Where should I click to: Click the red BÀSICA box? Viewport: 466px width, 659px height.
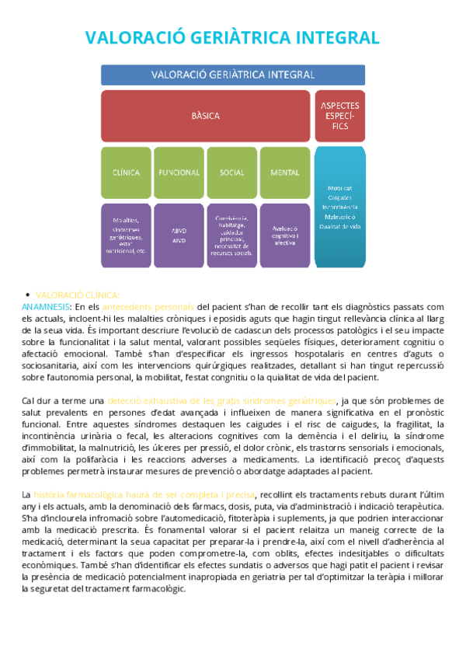206,116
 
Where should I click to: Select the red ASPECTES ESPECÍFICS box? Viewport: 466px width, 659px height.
339,116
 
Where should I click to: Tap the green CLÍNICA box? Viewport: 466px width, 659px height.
126,172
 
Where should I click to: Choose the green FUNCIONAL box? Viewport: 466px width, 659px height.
179,172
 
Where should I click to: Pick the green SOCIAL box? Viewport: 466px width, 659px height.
231,172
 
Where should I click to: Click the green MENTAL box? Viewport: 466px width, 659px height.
285,172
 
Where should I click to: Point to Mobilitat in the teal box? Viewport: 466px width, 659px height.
339,188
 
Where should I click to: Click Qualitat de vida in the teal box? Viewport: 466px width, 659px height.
339,226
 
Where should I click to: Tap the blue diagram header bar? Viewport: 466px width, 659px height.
233,75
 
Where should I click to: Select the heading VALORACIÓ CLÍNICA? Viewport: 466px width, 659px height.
78,295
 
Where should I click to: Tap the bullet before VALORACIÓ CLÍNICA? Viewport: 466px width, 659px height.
29,295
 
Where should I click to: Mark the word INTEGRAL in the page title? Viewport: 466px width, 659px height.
336,37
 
